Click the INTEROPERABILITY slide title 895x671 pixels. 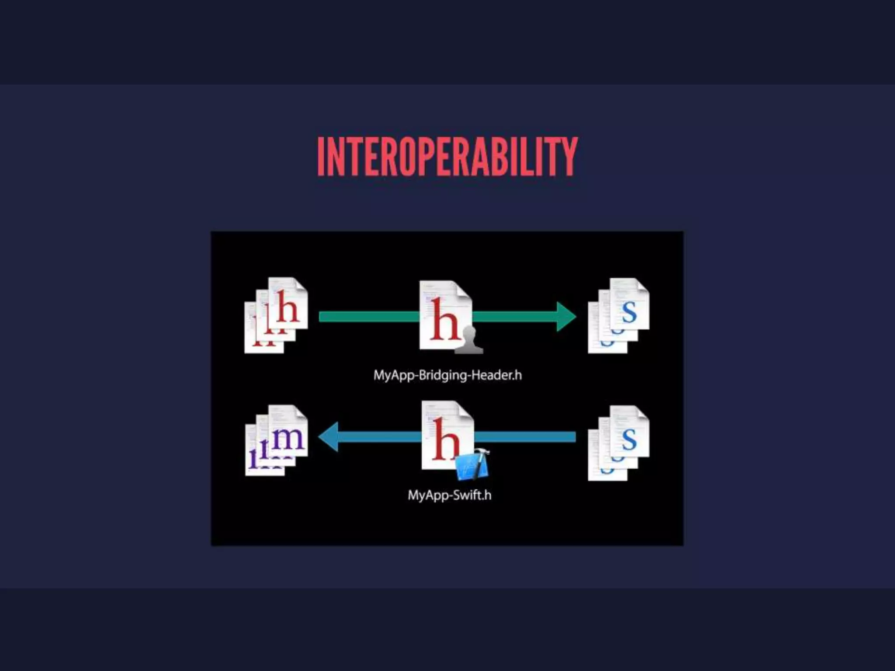click(x=447, y=156)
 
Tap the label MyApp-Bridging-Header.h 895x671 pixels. click(x=447, y=375)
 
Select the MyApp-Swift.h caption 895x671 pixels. click(x=449, y=495)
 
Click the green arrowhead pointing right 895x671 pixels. click(x=566, y=317)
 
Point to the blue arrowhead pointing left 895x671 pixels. click(x=328, y=436)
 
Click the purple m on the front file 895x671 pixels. click(x=287, y=438)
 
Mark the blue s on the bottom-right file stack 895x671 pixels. click(x=629, y=439)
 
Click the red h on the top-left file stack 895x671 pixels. click(x=288, y=308)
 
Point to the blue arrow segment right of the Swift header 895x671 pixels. click(x=524, y=437)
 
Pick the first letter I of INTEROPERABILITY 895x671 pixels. click(x=321, y=156)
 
